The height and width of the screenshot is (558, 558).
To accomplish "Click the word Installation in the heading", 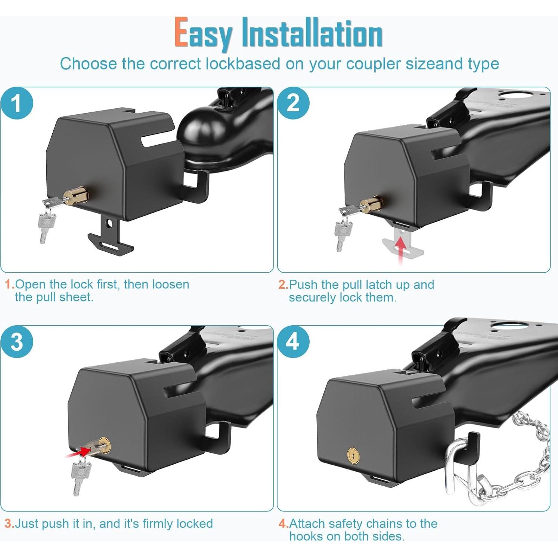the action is tap(312, 33).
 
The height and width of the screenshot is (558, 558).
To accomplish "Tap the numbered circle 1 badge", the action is tap(17, 103).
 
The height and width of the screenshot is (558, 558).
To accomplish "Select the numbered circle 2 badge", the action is tap(293, 103).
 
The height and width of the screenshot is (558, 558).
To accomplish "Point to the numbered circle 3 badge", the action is tap(17, 342).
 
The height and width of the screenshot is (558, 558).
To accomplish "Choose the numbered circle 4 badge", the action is tap(293, 342).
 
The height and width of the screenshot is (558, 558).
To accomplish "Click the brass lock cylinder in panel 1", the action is tap(75, 196).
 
